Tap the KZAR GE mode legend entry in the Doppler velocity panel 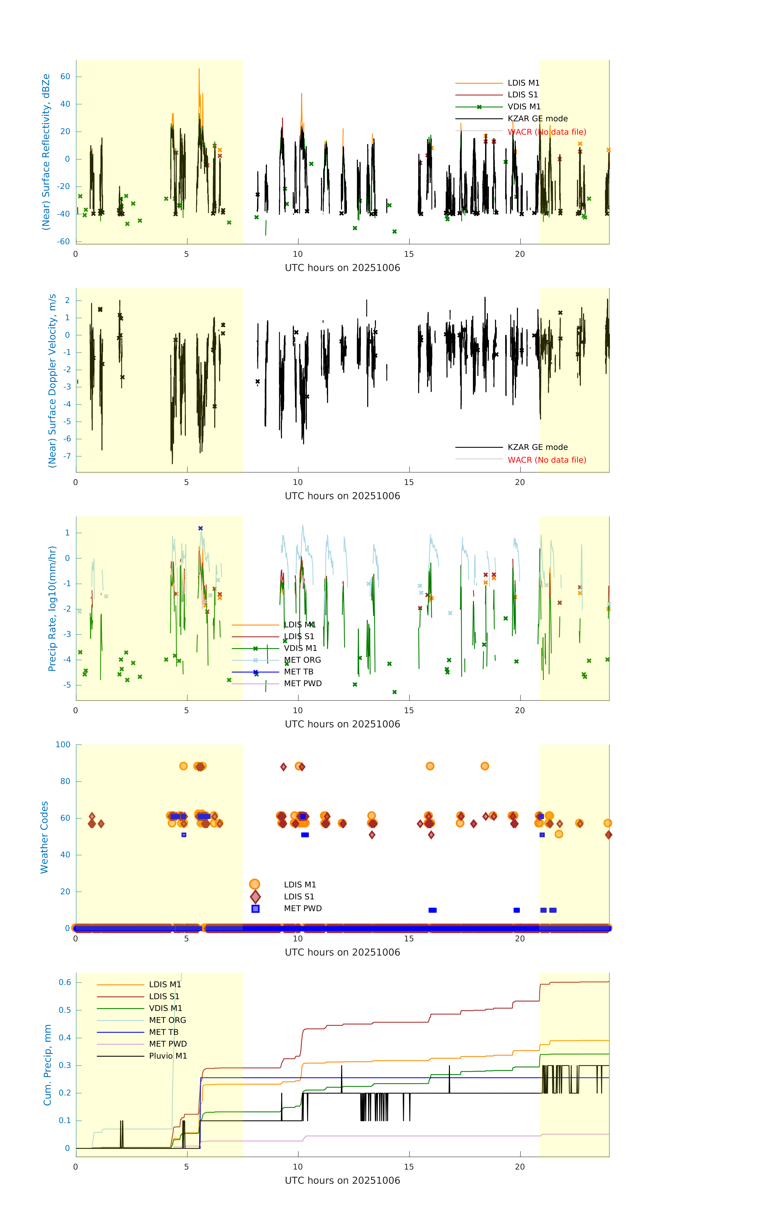[537, 447]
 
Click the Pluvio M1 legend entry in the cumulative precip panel [168, 1056]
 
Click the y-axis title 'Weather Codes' [44, 837]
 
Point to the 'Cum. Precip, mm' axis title [47, 1065]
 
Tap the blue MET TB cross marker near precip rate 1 [201, 528]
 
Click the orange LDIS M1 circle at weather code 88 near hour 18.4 [485, 766]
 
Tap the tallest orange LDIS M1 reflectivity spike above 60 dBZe [199, 70]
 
